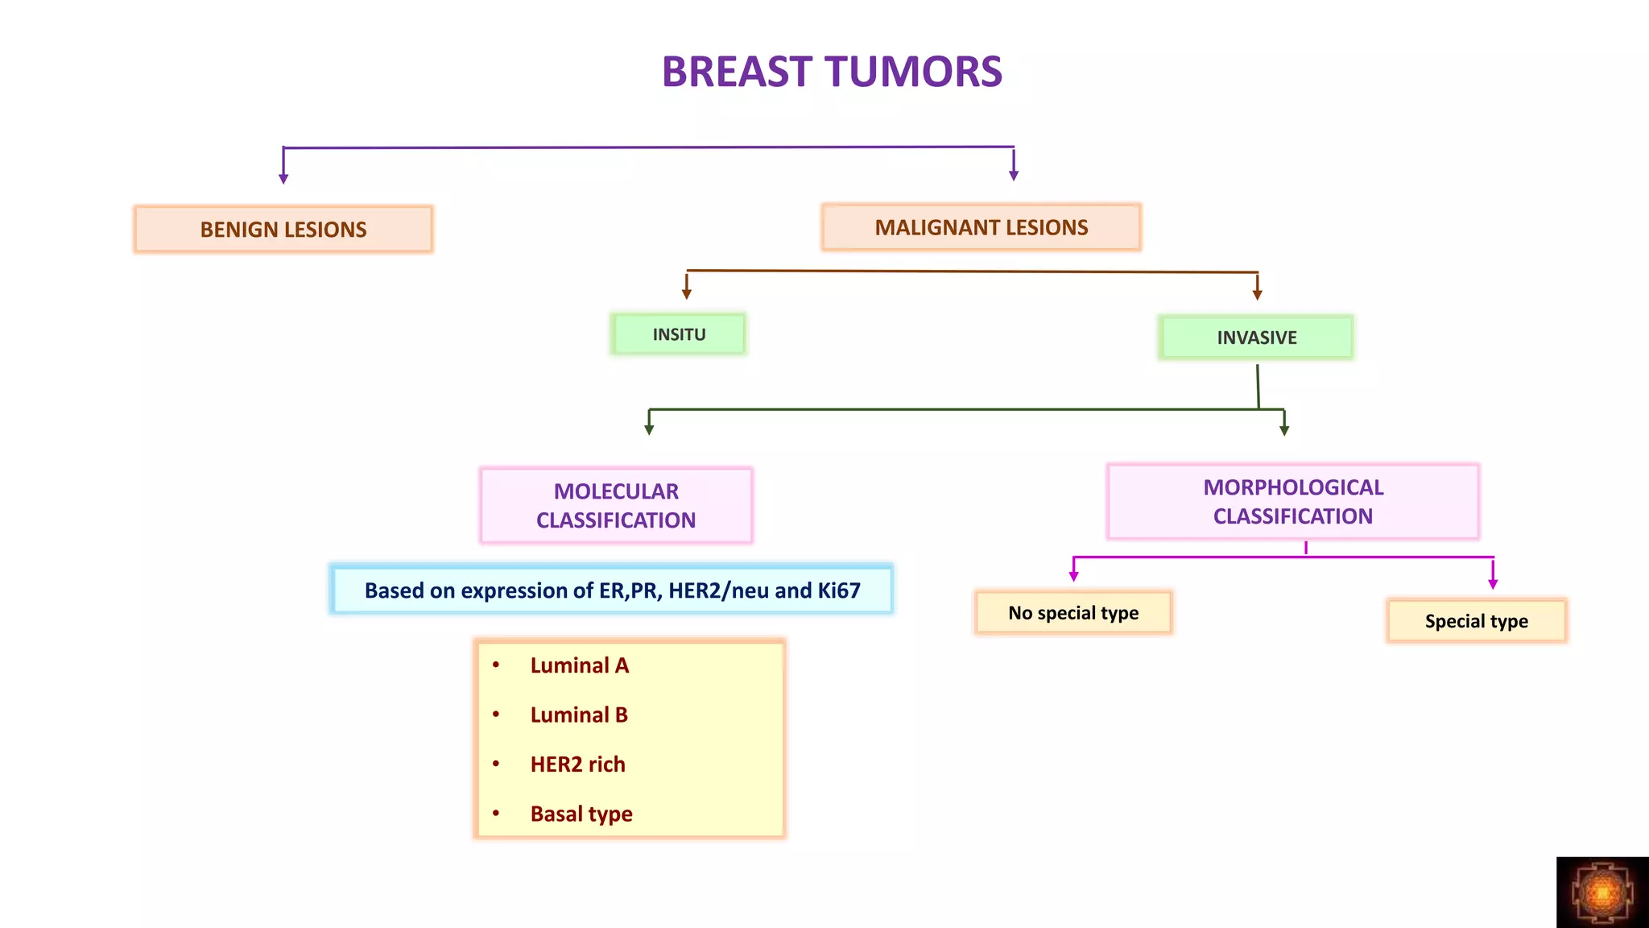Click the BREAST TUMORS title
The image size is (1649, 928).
pos(832,72)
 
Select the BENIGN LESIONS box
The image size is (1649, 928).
pos(283,230)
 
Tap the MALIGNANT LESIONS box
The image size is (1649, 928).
pos(981,228)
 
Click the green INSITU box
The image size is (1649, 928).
pos(679,334)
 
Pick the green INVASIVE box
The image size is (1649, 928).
pos(1256,338)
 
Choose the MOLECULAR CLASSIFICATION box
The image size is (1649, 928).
pos(616,506)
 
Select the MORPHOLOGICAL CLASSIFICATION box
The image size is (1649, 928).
pos(1293,502)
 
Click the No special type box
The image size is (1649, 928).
pos(1073,613)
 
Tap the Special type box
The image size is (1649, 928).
pos(1476,621)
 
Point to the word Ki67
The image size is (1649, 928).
pos(839,590)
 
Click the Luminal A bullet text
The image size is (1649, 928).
pos(579,665)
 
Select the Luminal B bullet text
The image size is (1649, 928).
pos(579,715)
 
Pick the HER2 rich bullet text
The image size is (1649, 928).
pos(577,764)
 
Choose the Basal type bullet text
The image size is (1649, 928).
pos(581,814)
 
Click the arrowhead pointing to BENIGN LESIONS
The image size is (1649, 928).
pos(283,179)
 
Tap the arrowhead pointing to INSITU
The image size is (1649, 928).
pos(687,294)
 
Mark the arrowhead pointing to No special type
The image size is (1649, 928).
pos(1073,576)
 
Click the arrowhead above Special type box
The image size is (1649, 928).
pos(1493,584)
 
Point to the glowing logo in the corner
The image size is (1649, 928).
pos(1602,893)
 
